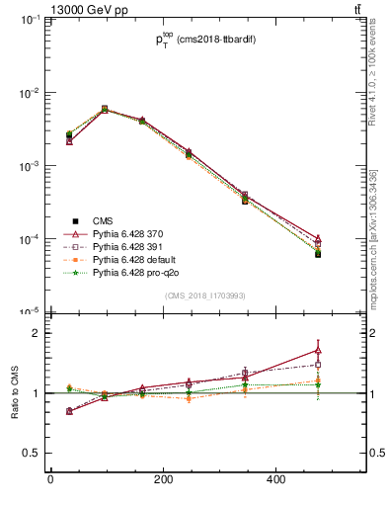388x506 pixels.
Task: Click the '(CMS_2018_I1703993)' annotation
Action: pyautogui.click(x=204, y=295)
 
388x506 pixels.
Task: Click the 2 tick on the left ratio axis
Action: pyautogui.click(x=37, y=333)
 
